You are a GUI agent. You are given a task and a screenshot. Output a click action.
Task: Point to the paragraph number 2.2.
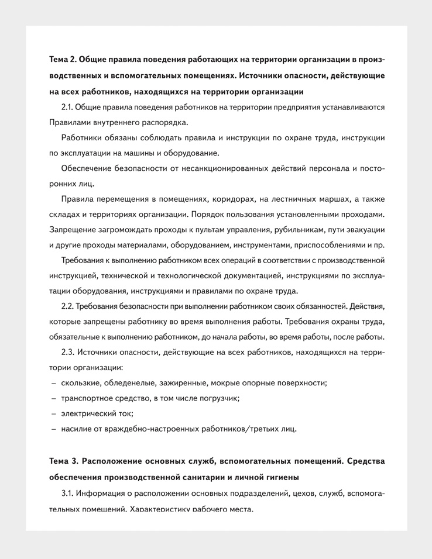click(x=68, y=306)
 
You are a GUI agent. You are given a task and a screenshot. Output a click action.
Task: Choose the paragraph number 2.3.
click(x=68, y=353)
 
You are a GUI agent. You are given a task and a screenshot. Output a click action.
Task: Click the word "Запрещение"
click(x=72, y=229)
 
